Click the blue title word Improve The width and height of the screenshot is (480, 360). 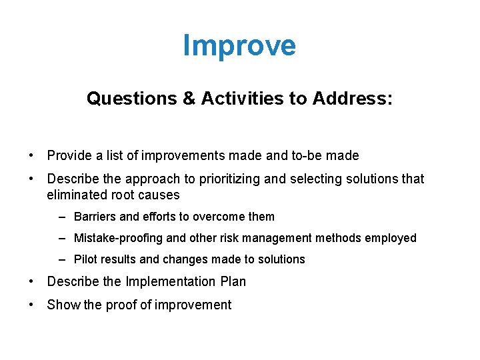[239, 46]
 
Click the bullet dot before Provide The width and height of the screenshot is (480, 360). [32, 156]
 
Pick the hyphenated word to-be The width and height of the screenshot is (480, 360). [303, 156]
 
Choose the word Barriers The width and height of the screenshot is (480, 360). [95, 217]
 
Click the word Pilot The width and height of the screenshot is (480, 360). [85, 259]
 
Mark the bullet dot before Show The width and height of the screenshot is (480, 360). [32, 305]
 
